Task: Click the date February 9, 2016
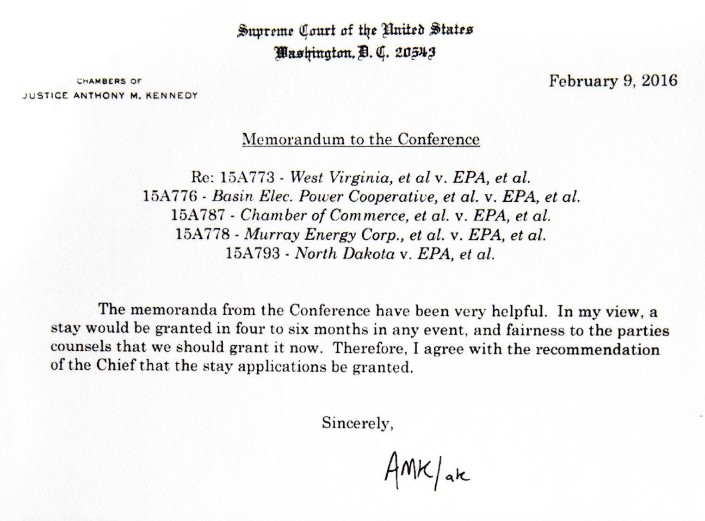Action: click(x=613, y=81)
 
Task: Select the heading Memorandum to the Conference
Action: click(x=361, y=139)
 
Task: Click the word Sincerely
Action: click(x=357, y=423)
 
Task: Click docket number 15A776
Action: click(x=170, y=197)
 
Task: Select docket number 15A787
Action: click(x=198, y=216)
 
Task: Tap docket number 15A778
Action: click(x=202, y=235)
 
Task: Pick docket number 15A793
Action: click(x=253, y=254)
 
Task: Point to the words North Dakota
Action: click(x=345, y=254)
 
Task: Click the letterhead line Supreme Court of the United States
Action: click(x=355, y=31)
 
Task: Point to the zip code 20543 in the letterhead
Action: click(x=415, y=52)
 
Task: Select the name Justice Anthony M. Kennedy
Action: click(x=110, y=96)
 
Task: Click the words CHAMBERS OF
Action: click(x=109, y=81)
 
